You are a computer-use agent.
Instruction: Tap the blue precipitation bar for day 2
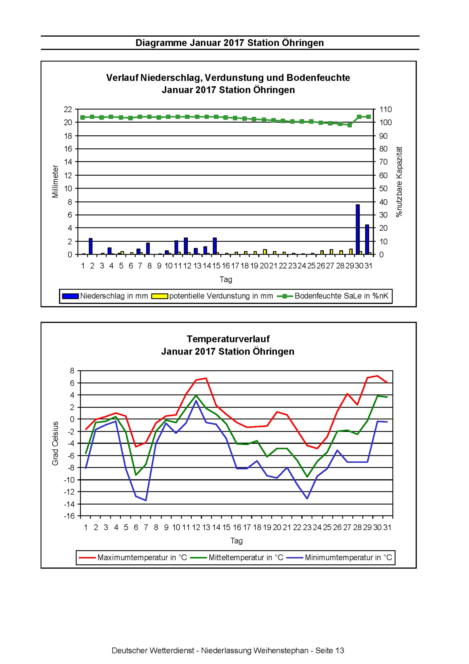coord(91,247)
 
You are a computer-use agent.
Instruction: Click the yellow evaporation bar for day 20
coord(265,252)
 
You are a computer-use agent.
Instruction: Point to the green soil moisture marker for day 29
coord(350,125)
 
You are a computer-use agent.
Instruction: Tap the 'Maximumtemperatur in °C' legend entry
coord(133,557)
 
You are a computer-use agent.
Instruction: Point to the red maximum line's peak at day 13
coord(206,378)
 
